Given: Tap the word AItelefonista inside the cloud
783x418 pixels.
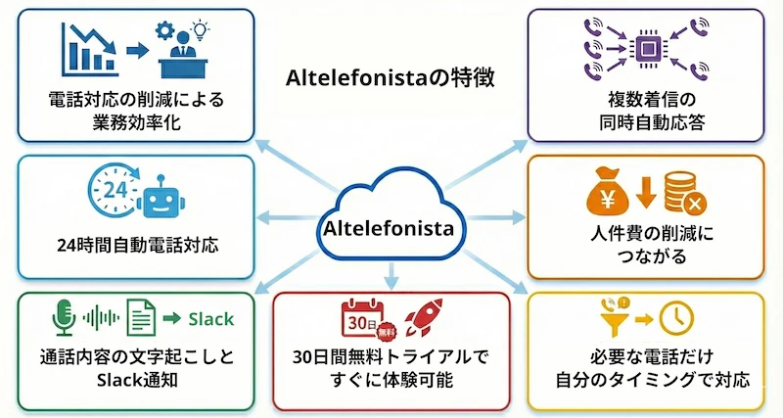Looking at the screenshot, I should [x=391, y=230].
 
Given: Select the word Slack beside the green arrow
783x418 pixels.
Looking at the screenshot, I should [x=210, y=318].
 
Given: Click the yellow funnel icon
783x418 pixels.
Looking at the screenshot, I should [x=614, y=318].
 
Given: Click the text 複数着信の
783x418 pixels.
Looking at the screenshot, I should [x=646, y=101].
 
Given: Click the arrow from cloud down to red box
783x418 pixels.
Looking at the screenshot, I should [x=391, y=273].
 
